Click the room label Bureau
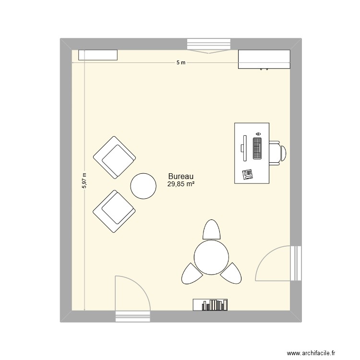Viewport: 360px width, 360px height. (x=180, y=176)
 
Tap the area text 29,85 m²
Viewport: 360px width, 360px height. (x=181, y=184)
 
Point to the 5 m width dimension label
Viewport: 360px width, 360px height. (x=181, y=62)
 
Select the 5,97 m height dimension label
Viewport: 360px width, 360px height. (x=84, y=180)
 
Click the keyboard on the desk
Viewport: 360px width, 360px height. (x=257, y=148)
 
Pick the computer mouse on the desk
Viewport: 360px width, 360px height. (x=258, y=133)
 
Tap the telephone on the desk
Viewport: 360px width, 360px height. (x=248, y=174)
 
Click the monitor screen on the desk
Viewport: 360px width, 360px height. (x=244, y=148)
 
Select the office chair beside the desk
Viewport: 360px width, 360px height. (x=277, y=153)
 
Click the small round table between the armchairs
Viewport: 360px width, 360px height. (x=143, y=186)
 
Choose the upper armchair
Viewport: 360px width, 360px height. (x=114, y=157)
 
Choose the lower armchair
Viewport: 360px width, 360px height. (x=114, y=212)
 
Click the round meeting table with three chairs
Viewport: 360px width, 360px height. (x=211, y=257)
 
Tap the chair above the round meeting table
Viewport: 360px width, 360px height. (x=212, y=229)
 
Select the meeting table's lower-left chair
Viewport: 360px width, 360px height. (x=192, y=274)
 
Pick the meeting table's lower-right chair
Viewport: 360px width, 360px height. (x=231, y=274)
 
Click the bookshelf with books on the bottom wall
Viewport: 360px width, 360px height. (x=210, y=305)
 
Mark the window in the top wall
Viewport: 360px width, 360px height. (x=208, y=44)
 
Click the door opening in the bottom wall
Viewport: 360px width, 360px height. (x=132, y=316)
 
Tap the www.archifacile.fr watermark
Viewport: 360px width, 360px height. (x=311, y=353)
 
